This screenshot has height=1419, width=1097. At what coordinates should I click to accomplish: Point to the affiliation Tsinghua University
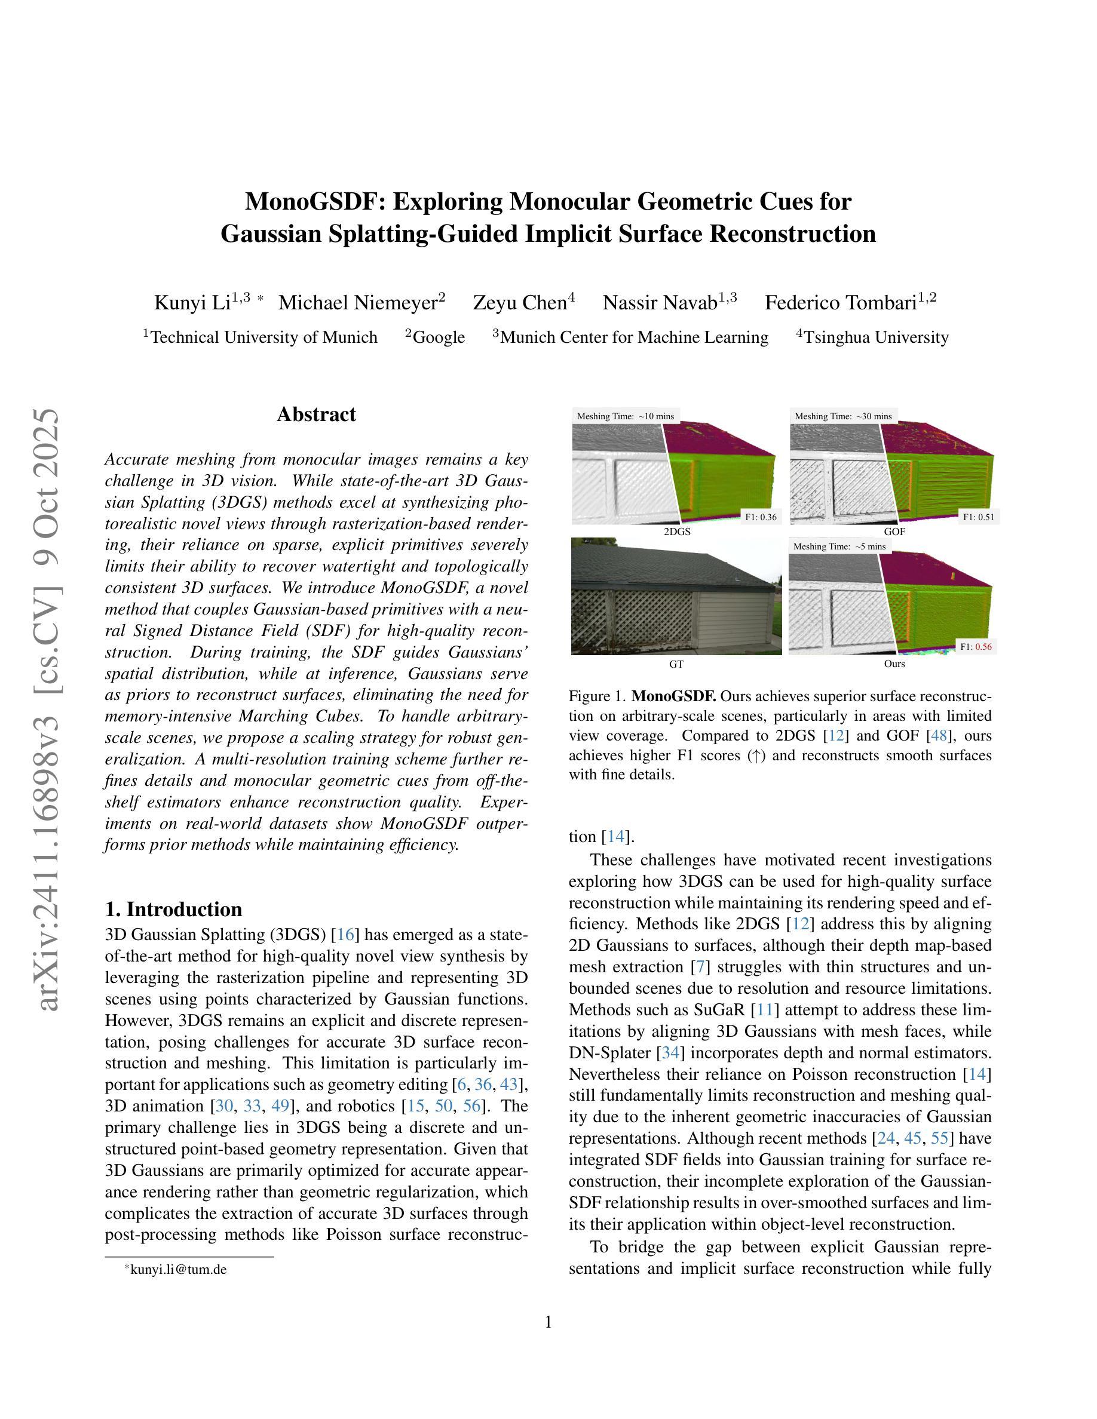[876, 337]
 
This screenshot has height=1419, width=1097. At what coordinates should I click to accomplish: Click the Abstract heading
[316, 414]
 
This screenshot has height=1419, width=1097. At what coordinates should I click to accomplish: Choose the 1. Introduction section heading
[173, 908]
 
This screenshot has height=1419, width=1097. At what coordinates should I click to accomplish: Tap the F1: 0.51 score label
[979, 517]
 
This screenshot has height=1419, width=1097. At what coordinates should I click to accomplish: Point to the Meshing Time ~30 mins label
[843, 416]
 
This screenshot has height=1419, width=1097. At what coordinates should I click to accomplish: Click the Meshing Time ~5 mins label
[839, 546]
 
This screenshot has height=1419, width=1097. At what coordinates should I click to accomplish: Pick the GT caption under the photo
[676, 664]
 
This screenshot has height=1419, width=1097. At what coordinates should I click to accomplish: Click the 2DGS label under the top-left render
[676, 532]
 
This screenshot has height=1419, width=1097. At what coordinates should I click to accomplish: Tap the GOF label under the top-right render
[894, 532]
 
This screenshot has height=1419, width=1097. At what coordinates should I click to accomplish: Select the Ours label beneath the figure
[894, 664]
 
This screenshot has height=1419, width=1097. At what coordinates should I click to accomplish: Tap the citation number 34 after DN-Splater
[670, 1052]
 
